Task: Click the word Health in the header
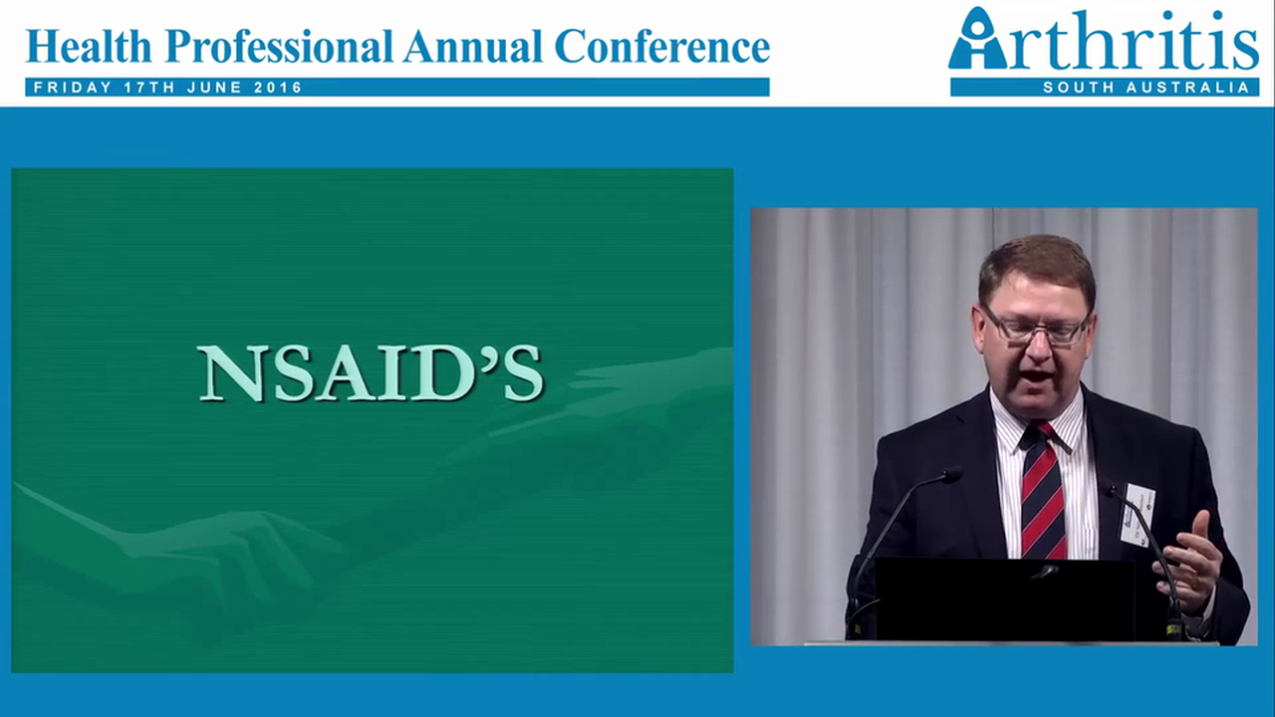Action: pyautogui.click(x=90, y=46)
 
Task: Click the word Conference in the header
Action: pyautogui.click(x=661, y=47)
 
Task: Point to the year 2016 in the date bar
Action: pyautogui.click(x=278, y=88)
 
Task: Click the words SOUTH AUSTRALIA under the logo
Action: pyautogui.click(x=1146, y=88)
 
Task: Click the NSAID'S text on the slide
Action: pyautogui.click(x=371, y=372)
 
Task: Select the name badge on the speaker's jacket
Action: pyautogui.click(x=1138, y=514)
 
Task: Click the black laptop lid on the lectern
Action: pyautogui.click(x=1006, y=597)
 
